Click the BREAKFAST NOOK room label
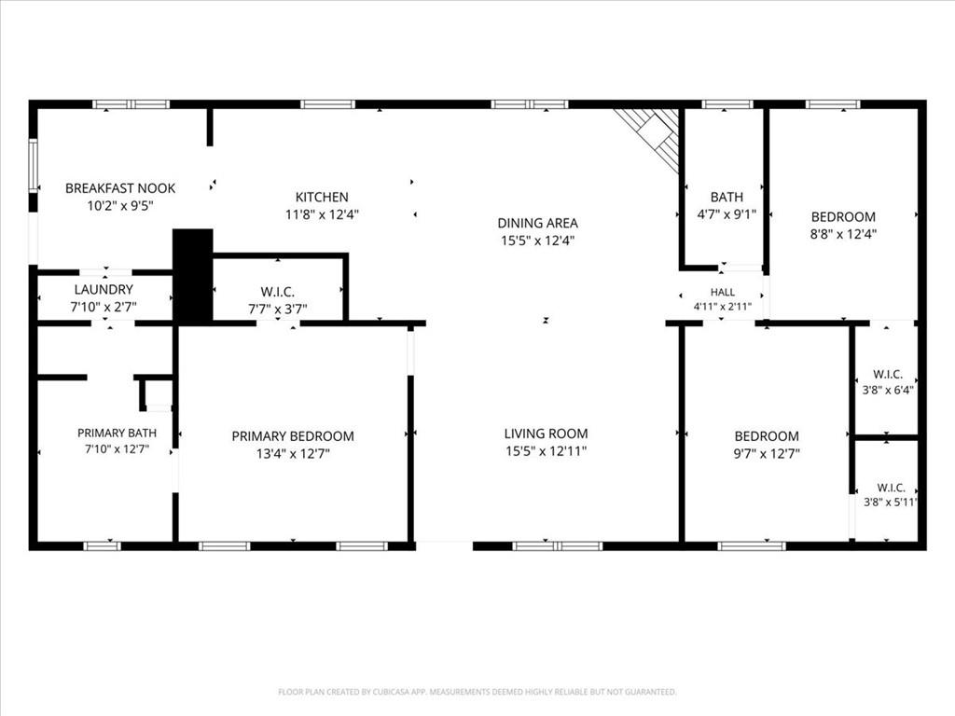pos(120,188)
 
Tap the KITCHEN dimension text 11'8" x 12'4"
pos(322,214)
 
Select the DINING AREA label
pos(537,223)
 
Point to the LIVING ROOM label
pos(546,434)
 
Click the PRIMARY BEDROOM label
pos(292,436)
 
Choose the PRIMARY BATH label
pos(117,433)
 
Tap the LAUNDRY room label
pos(104,289)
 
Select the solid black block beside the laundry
pos(193,275)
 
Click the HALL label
pos(723,292)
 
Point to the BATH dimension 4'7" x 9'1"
pos(727,214)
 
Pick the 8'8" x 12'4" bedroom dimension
pos(843,234)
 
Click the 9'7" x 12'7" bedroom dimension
pos(767,453)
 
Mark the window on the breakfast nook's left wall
pos(34,166)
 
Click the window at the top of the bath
pos(727,104)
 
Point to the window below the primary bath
pos(102,546)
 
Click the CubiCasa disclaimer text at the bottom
pos(477,692)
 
